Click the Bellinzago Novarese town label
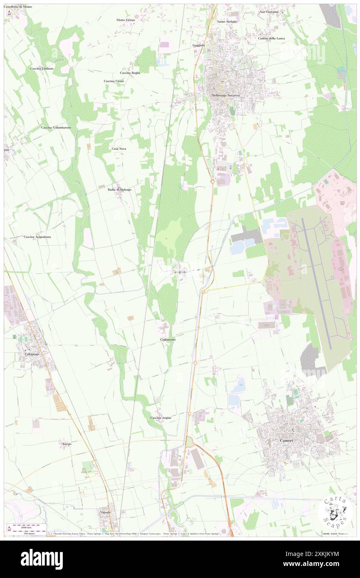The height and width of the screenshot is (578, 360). click(226, 95)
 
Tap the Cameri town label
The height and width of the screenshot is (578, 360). click(286, 441)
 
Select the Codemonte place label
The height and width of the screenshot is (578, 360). click(168, 340)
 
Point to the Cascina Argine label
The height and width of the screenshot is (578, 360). click(160, 417)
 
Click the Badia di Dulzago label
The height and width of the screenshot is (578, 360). click(119, 190)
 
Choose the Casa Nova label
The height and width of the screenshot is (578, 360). click(119, 148)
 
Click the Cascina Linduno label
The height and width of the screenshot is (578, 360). click(42, 68)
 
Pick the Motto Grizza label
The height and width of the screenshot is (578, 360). click(126, 20)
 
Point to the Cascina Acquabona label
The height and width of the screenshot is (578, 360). click(37, 237)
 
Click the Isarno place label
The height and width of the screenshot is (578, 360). click(67, 444)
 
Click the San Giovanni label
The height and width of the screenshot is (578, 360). click(269, 12)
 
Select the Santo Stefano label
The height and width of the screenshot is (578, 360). click(227, 21)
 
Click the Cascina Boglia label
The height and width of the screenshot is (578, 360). click(130, 73)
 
